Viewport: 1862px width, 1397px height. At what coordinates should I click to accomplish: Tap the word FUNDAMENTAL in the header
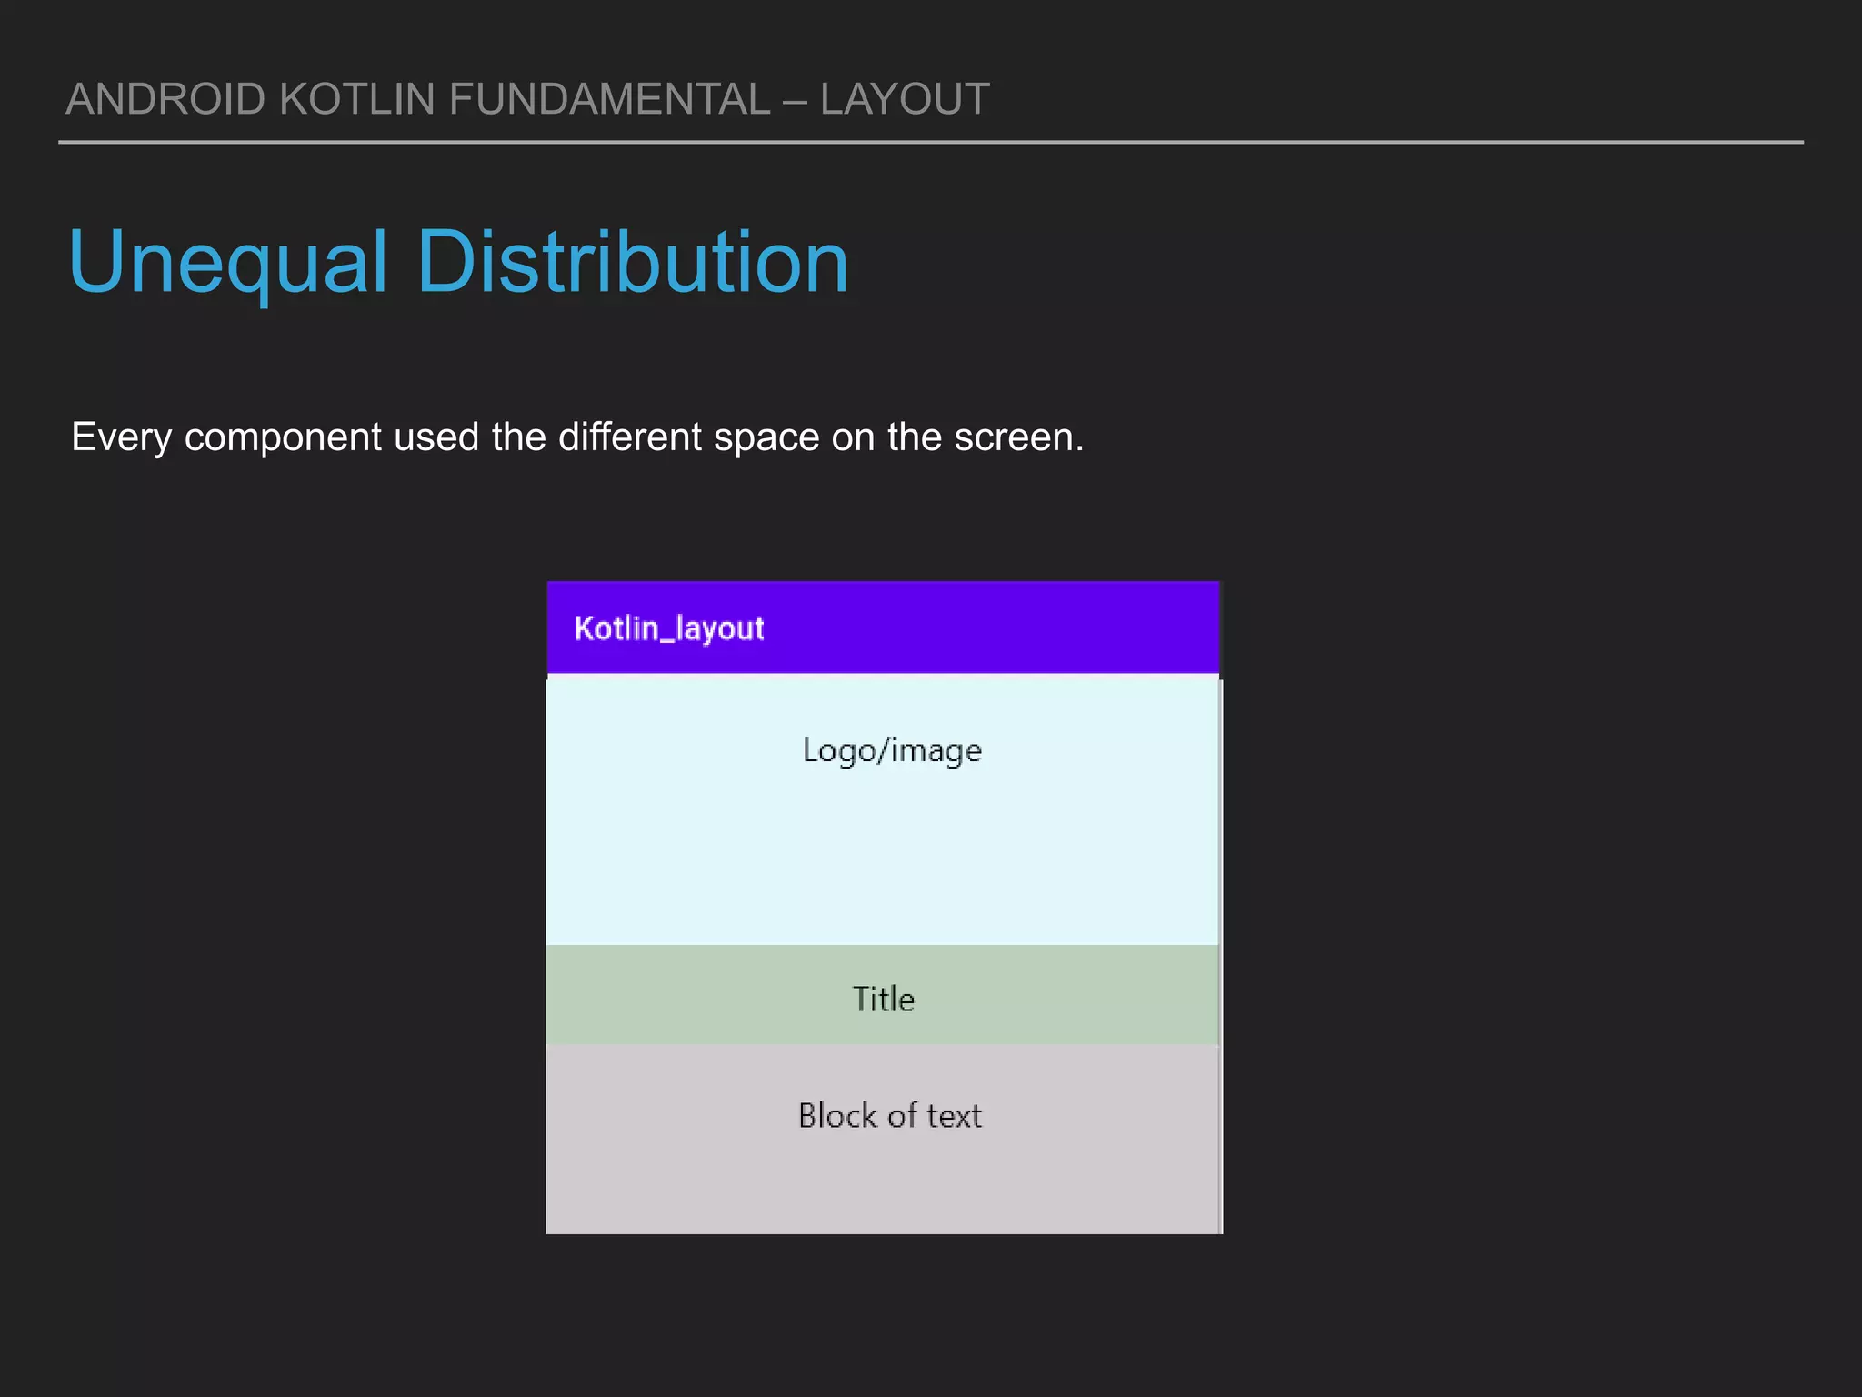tap(609, 99)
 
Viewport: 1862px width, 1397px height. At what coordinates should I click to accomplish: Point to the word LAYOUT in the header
tap(905, 99)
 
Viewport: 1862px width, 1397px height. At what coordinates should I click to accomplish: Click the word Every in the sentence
tap(121, 437)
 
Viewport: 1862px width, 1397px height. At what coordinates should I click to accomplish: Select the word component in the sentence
tap(283, 437)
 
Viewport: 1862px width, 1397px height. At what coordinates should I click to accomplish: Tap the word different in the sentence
tap(630, 437)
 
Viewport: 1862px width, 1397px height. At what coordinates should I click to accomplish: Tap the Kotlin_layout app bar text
tap(669, 628)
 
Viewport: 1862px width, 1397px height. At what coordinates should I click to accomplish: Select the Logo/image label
tap(892, 750)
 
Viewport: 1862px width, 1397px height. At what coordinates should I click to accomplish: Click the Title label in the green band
tap(883, 999)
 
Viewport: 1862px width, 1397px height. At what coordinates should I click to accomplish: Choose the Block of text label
tap(890, 1115)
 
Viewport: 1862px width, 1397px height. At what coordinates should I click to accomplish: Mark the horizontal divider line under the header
tap(931, 143)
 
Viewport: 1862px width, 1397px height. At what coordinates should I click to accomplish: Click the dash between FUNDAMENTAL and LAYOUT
tap(795, 99)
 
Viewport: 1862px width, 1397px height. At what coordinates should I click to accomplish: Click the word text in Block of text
tap(954, 1115)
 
